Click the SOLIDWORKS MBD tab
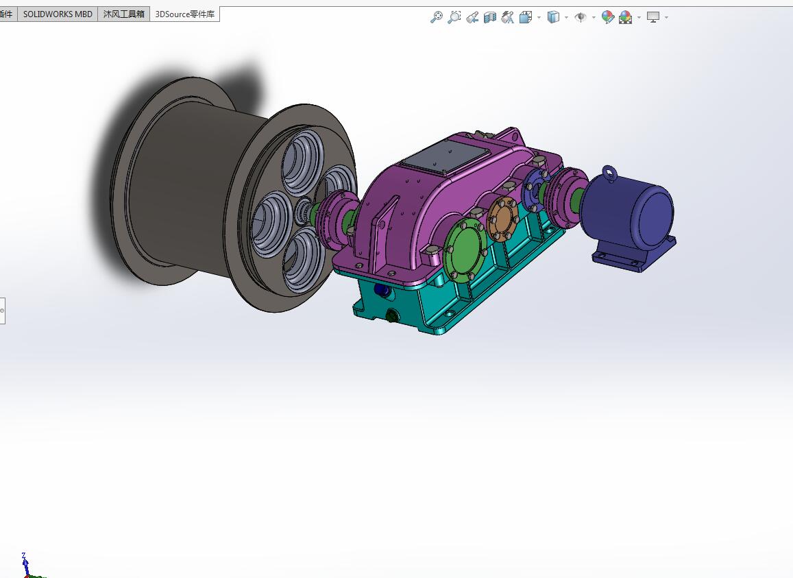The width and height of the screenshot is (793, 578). tap(58, 14)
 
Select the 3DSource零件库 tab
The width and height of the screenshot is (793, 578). tap(184, 14)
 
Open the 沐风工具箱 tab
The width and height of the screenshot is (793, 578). tap(123, 14)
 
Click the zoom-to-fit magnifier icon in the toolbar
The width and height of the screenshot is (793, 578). tap(436, 17)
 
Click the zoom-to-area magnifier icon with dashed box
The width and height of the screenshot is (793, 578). tap(454, 17)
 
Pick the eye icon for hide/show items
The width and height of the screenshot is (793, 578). tap(580, 17)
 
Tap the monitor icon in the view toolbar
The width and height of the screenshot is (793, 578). tap(653, 17)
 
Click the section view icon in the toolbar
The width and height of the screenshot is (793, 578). tap(489, 17)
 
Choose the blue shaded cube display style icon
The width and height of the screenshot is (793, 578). tap(553, 17)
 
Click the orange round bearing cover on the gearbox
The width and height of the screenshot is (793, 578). tap(504, 218)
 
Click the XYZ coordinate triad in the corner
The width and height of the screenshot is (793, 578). tap(26, 566)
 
